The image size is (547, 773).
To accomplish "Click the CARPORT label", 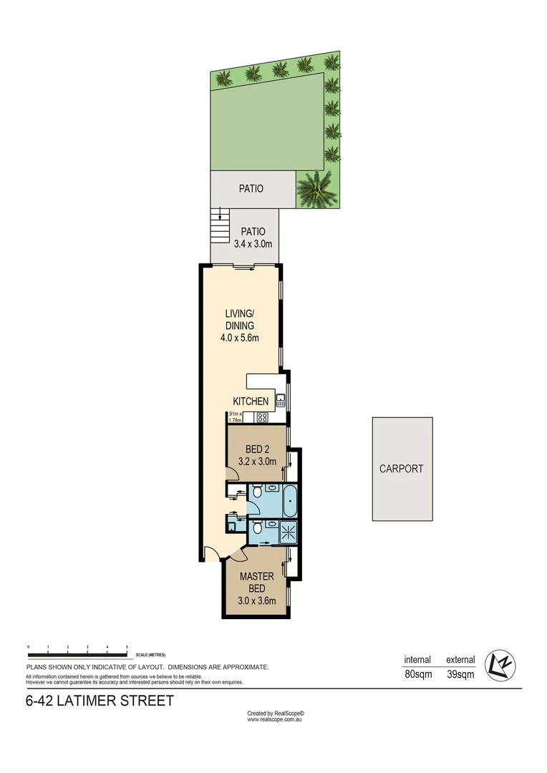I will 401,469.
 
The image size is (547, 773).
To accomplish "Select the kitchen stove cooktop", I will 262,417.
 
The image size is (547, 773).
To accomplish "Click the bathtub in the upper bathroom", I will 289,500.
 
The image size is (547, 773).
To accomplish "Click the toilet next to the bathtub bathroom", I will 256,492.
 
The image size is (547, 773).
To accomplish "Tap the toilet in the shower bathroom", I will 256,529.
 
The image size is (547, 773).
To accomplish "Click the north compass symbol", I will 499,665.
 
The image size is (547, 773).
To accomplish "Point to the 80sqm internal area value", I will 417,674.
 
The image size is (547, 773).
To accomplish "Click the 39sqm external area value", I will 460,674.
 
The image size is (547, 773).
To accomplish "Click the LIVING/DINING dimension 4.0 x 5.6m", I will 239,338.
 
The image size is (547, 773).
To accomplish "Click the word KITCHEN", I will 251,402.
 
